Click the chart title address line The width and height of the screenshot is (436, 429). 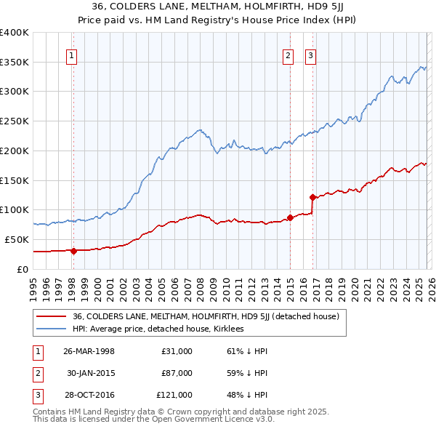[217, 8]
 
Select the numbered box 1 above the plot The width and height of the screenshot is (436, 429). [73, 55]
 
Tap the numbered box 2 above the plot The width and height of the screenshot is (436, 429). [288, 55]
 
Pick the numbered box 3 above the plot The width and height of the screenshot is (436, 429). [310, 55]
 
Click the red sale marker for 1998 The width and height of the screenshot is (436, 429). [73, 251]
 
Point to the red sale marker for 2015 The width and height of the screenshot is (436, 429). [290, 217]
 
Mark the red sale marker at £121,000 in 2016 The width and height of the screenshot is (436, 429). [312, 197]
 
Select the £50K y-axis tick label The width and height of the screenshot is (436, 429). [17, 239]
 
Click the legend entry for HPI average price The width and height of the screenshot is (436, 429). [161, 329]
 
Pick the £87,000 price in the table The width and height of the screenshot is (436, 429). [177, 373]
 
